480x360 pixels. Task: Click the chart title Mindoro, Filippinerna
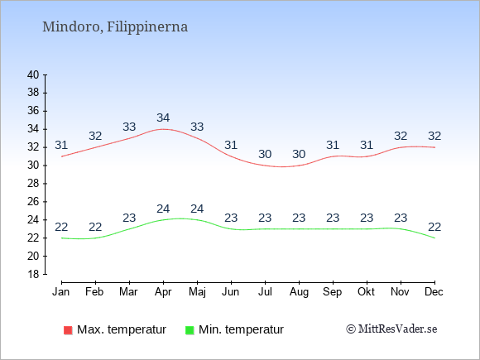[115, 27]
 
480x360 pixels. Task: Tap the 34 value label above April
[163, 118]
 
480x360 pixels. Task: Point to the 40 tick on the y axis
[33, 74]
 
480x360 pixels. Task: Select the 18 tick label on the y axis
[33, 274]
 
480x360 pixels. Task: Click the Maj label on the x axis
[197, 292]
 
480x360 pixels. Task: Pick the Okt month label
[366, 292]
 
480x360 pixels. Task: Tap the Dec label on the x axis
[434, 292]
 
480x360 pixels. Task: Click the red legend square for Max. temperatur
[68, 330]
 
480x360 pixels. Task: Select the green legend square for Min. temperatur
[190, 330]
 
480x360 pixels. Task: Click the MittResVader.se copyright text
[391, 329]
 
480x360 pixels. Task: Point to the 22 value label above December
[434, 227]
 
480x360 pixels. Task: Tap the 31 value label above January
[61, 145]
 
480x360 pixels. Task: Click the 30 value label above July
[265, 154]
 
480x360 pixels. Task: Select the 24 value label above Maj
[197, 209]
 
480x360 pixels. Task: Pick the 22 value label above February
[95, 227]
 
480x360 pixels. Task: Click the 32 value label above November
[401, 136]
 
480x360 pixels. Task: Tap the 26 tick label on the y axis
[33, 202]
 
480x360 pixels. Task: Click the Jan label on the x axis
[61, 292]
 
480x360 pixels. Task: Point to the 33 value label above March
[129, 127]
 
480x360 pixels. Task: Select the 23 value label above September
[333, 218]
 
